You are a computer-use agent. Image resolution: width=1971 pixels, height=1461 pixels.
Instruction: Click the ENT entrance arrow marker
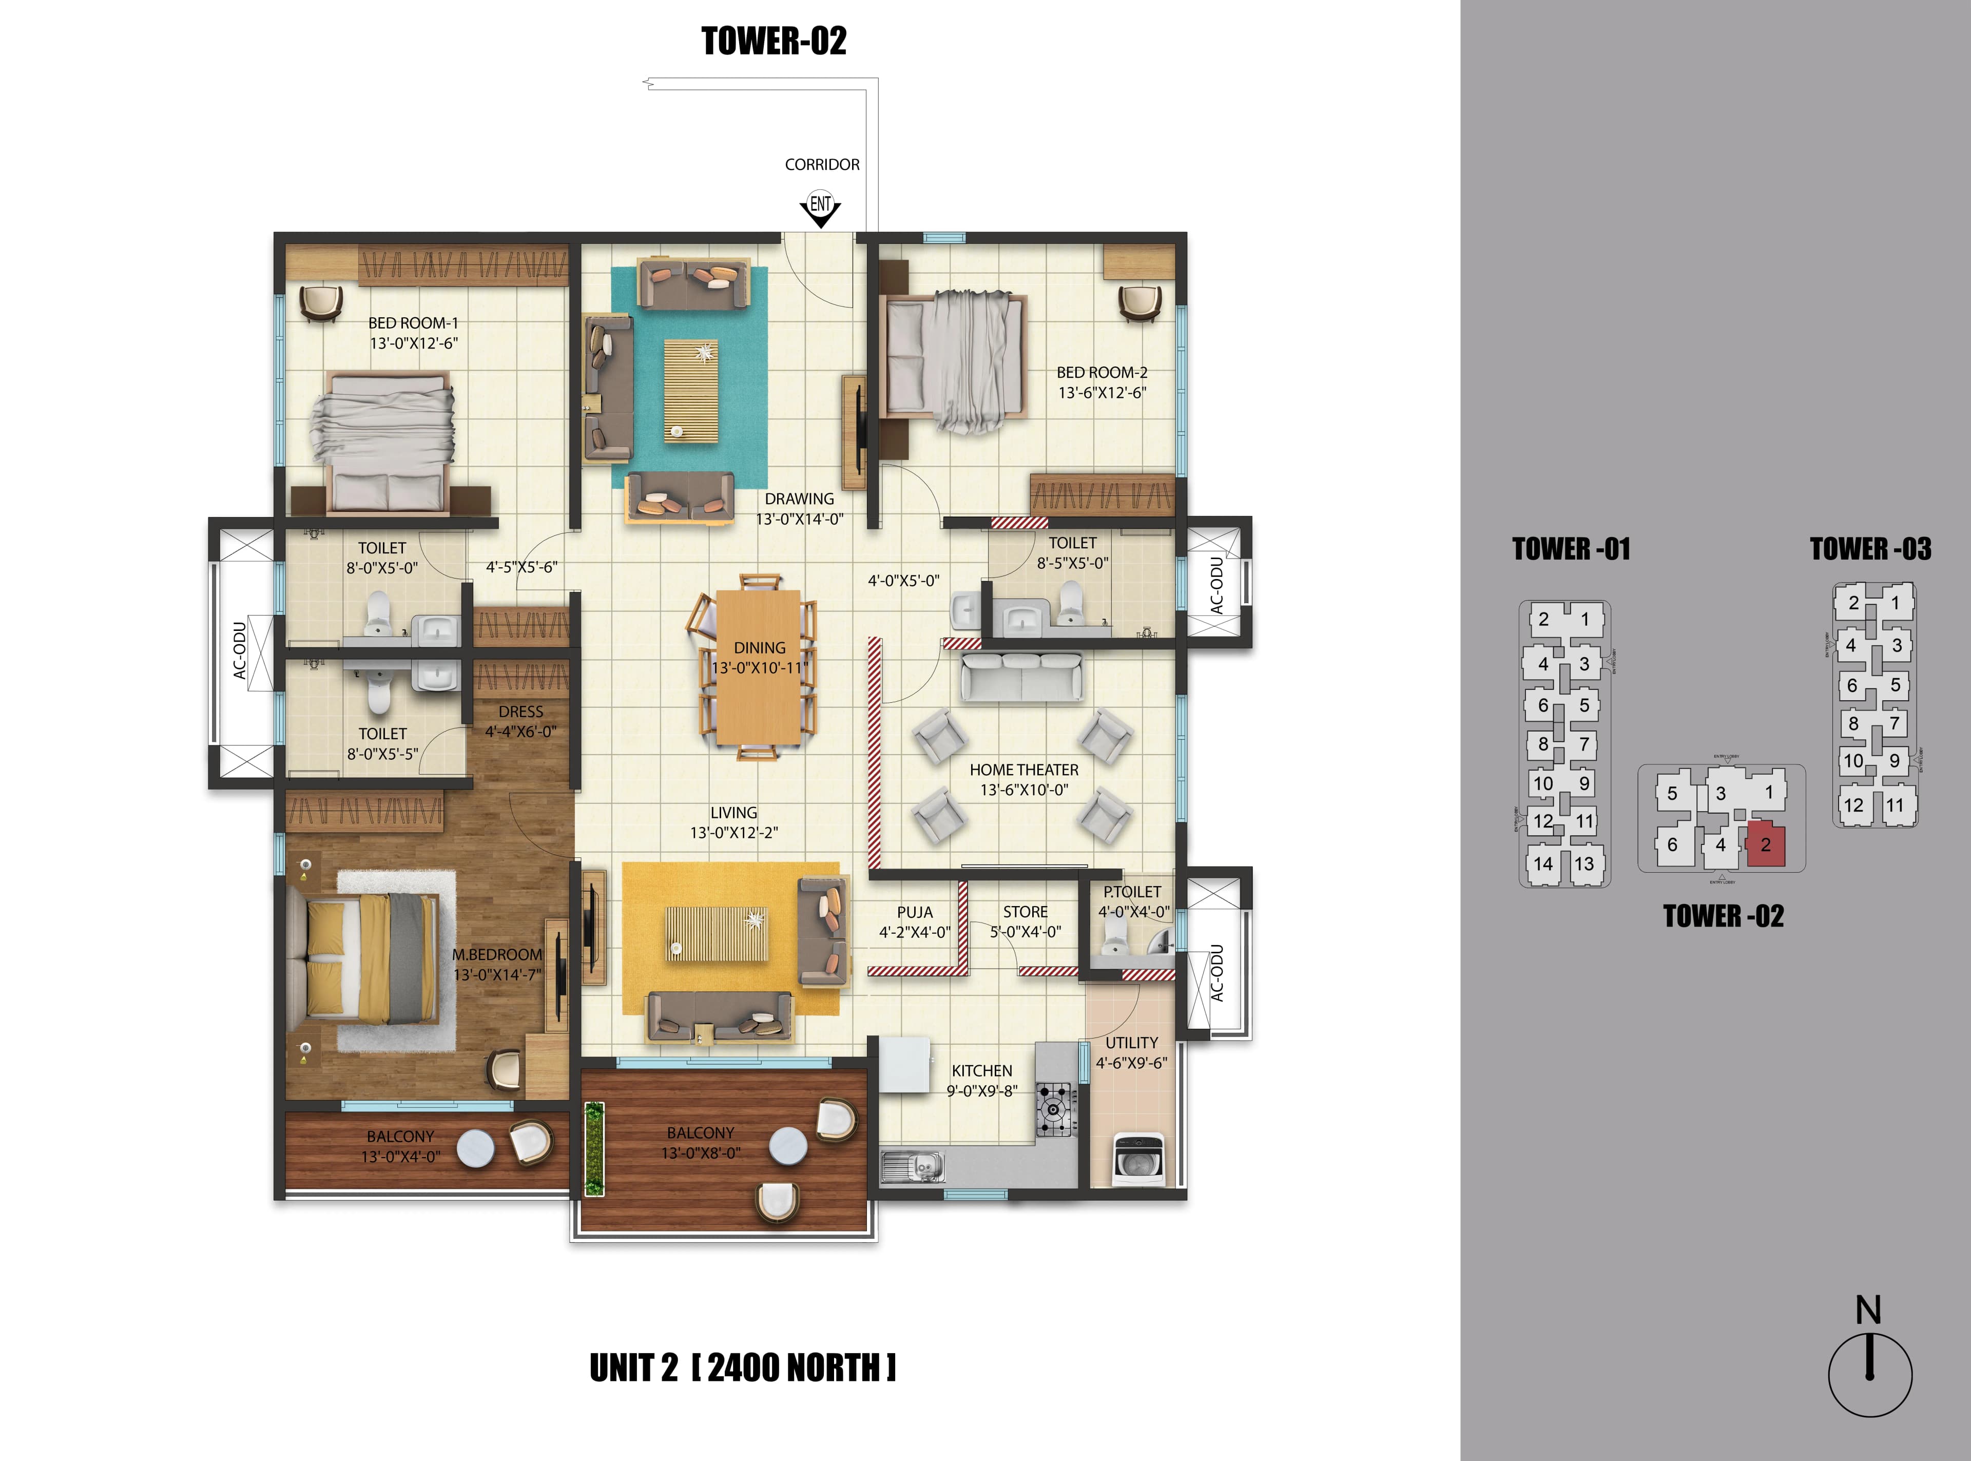point(821,207)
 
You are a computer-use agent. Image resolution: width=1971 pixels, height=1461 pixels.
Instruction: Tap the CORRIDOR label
point(821,164)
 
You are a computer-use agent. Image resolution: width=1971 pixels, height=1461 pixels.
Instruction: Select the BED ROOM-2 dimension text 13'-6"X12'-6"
point(1102,393)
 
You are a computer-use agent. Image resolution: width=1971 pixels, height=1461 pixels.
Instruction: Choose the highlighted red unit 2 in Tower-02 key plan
point(1765,845)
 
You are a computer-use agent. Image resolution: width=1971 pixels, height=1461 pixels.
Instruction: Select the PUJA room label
point(914,912)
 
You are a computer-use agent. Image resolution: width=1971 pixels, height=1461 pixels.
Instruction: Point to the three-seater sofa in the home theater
point(1021,678)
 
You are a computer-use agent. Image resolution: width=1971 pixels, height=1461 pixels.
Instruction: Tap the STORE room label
point(1025,912)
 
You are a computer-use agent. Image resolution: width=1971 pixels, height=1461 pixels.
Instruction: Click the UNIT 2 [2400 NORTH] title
point(743,1368)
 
